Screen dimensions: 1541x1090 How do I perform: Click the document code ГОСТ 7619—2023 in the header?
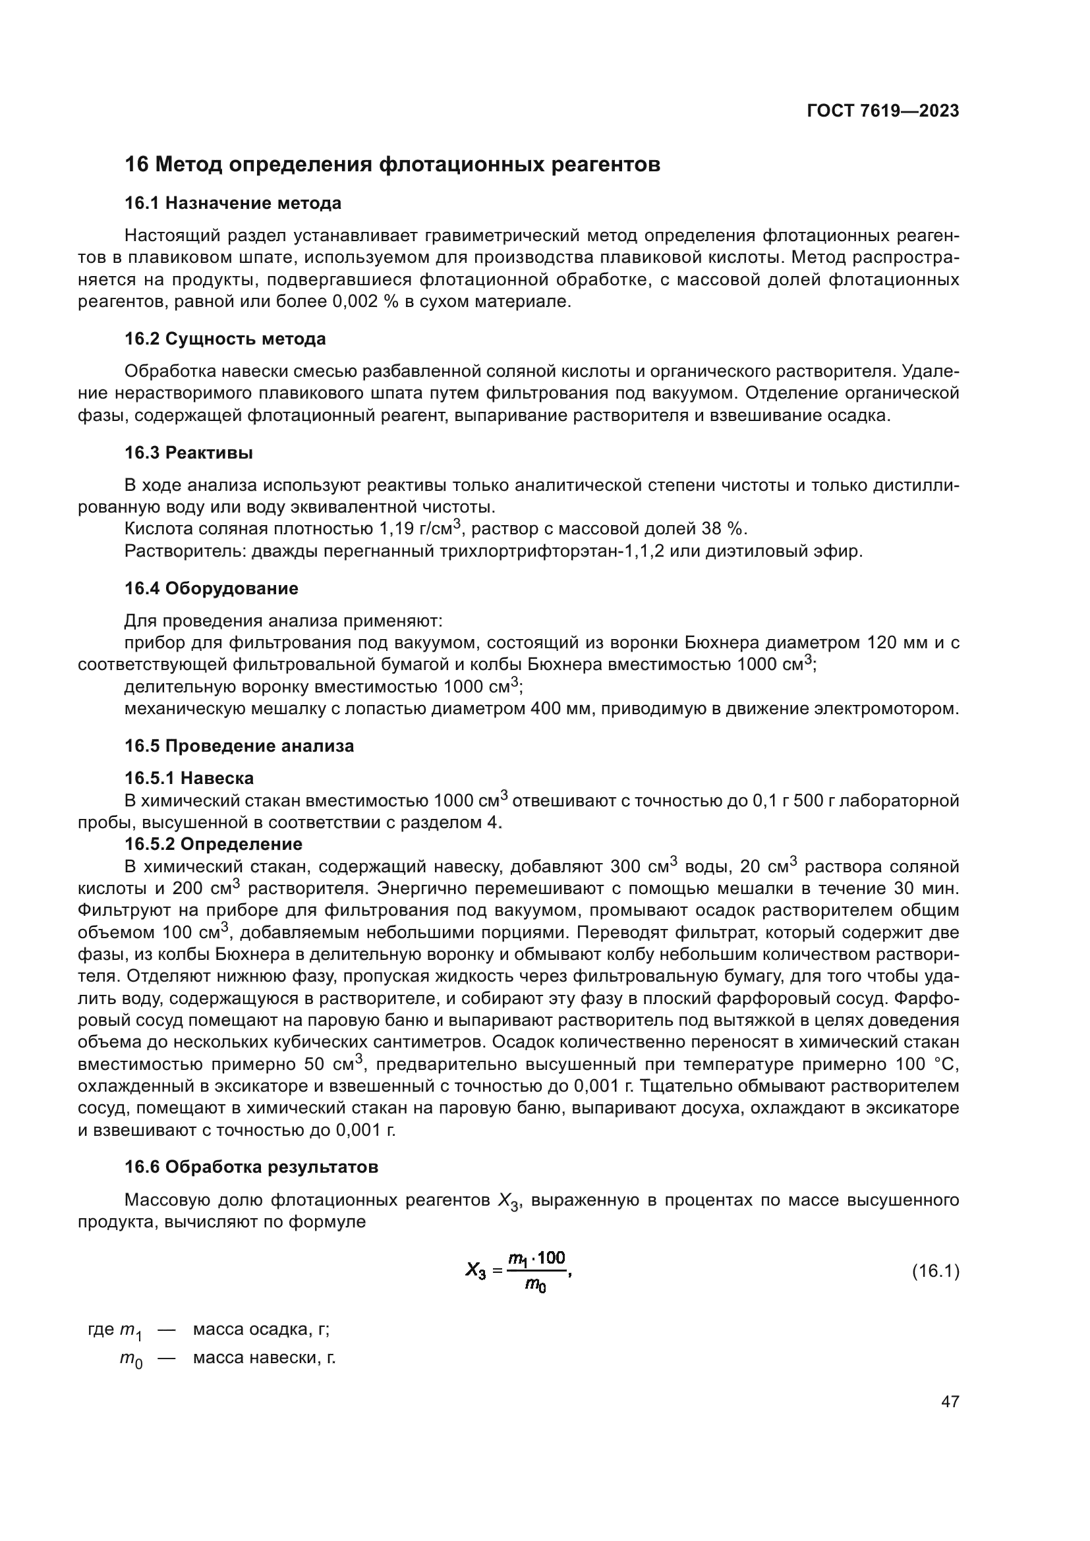coord(882,111)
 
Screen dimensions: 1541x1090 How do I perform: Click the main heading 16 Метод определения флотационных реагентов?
coord(393,165)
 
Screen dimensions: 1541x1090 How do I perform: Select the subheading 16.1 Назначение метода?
coord(233,203)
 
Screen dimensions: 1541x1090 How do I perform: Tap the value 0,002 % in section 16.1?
coord(366,302)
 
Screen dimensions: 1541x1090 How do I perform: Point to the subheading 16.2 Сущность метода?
coord(225,339)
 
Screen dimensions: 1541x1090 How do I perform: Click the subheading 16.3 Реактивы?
coord(188,453)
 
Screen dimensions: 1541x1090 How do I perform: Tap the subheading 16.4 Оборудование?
coord(212,588)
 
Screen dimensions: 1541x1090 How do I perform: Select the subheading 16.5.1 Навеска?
coord(189,779)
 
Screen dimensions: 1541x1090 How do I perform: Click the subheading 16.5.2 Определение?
coord(214,844)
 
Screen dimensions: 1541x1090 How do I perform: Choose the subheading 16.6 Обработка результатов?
coord(251,1167)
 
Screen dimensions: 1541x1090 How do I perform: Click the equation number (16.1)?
coord(935,1271)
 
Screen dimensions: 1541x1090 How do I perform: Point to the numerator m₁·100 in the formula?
coord(536,1258)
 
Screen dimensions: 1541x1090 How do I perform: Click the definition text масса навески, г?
coord(264,1358)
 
